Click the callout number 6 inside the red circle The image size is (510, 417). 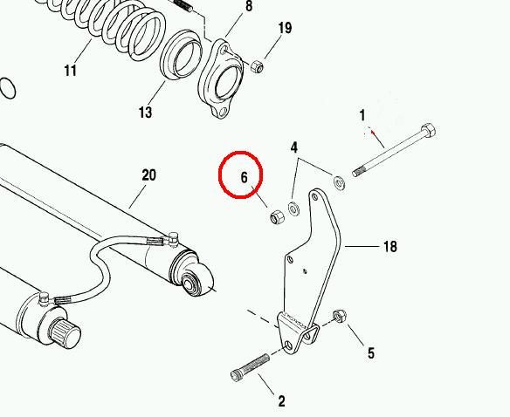pyautogui.click(x=244, y=177)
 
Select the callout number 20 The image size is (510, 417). pyautogui.click(x=149, y=174)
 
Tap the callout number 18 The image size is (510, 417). pyautogui.click(x=390, y=247)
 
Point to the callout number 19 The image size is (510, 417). pyautogui.click(x=285, y=28)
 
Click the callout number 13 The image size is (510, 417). pyautogui.click(x=145, y=113)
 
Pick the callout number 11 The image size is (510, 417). pyautogui.click(x=71, y=71)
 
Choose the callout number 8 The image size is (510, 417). pyautogui.click(x=249, y=6)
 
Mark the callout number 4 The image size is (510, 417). pyautogui.click(x=293, y=147)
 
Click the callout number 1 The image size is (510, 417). pyautogui.click(x=362, y=115)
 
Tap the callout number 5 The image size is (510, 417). pyautogui.click(x=371, y=353)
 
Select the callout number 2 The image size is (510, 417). pyautogui.click(x=282, y=401)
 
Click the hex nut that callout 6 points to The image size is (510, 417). pyautogui.click(x=278, y=217)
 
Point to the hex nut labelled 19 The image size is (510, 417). pyautogui.click(x=257, y=66)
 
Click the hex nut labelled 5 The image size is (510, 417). pyautogui.click(x=340, y=316)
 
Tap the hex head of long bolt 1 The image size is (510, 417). pyautogui.click(x=428, y=131)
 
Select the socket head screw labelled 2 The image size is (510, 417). pyautogui.click(x=250, y=367)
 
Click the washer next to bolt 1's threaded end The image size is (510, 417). pyautogui.click(x=339, y=182)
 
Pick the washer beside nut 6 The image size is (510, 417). pyautogui.click(x=294, y=208)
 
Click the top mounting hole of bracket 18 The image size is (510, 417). pyautogui.click(x=314, y=196)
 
